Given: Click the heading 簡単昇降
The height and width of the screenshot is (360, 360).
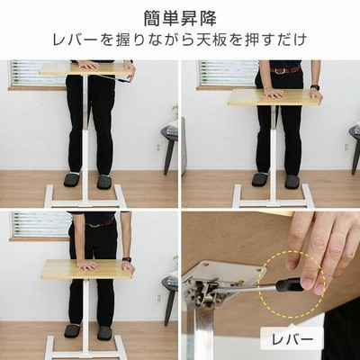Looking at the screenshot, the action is coord(180,19).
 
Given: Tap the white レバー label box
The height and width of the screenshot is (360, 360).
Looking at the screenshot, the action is coord(292,339).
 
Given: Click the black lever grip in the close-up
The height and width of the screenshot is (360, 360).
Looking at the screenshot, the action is coord(288,284).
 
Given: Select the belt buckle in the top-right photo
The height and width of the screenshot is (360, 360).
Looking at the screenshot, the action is coord(280,71).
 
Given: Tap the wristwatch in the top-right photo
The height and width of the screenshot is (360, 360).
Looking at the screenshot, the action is coord(315,87).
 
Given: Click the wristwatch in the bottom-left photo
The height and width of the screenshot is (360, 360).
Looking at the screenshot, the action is coord(127,259).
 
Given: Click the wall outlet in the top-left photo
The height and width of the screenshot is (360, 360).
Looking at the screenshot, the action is coord(158,147).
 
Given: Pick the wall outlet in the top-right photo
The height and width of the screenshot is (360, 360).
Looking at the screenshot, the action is coord(346,146).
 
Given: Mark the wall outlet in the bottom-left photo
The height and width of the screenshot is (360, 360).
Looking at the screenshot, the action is coord(158,298).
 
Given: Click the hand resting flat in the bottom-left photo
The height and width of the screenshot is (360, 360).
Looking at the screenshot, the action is coord(86,265).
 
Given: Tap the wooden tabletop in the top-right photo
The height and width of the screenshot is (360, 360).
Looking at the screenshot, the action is coord(274,97).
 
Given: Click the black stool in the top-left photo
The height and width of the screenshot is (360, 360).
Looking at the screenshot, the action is coord(169,148).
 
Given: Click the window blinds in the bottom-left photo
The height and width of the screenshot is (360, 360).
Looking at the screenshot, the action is coord(40,224).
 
